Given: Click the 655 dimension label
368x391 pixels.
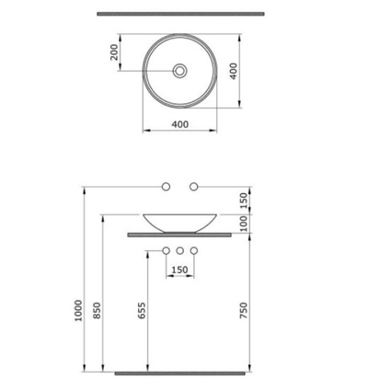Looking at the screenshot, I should [x=143, y=313].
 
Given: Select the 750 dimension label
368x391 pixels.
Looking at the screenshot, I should [x=244, y=313].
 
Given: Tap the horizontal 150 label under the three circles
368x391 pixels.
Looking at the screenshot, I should [x=179, y=270].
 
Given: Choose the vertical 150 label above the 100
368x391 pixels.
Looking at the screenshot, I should [x=244, y=200].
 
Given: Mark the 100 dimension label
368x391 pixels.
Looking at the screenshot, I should [x=244, y=224].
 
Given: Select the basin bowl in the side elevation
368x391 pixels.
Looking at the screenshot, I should [x=179, y=222].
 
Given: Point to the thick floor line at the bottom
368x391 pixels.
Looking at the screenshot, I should [x=179, y=373].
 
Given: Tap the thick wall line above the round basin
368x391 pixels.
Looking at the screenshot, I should [x=179, y=14].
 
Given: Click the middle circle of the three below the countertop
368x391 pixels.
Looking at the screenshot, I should [x=179, y=250].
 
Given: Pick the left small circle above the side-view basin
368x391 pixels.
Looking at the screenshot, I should [x=166, y=188].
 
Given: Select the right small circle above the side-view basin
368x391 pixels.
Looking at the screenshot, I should [x=193, y=188].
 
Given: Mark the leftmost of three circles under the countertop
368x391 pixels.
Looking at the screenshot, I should [x=166, y=250].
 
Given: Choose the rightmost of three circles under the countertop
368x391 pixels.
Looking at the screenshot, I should [x=193, y=250].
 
